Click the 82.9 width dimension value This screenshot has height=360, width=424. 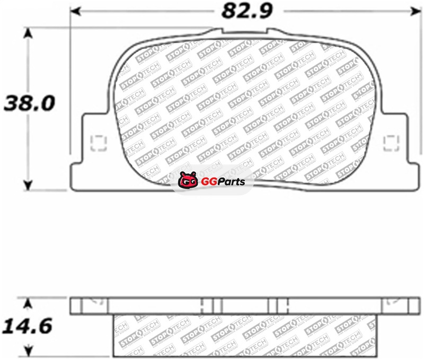pos(247,11)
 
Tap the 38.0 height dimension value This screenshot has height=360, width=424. pos(29,103)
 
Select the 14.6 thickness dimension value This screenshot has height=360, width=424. pos(27,326)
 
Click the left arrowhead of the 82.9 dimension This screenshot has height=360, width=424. pos(75,11)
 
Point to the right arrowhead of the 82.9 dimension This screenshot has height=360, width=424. pos(416,11)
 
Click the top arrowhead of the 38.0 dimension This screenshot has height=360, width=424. pos(28,33)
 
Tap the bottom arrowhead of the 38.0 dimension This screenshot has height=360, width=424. pos(28,185)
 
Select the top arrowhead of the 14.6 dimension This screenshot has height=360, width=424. pos(28,303)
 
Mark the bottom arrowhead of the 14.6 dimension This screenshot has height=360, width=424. pos(28,351)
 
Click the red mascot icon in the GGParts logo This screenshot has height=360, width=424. pos(188,180)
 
